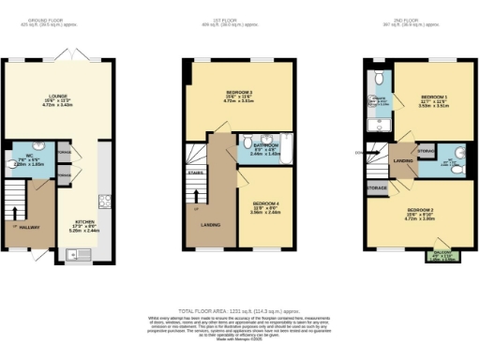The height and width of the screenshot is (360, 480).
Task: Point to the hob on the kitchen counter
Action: click(106, 201)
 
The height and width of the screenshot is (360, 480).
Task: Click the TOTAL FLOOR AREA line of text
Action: click(239, 310)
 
